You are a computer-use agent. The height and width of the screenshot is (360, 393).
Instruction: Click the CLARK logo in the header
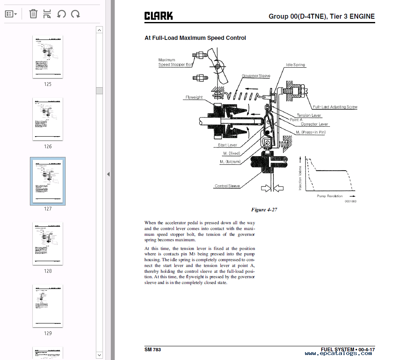click(x=159, y=16)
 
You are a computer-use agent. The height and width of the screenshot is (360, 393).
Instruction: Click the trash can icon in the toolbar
click(x=33, y=14)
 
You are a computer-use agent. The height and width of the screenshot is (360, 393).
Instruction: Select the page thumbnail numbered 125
click(x=48, y=57)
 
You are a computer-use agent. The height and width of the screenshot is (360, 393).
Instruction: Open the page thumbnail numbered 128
click(x=48, y=244)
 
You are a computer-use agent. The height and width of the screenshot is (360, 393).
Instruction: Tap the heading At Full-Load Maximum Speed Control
click(x=195, y=38)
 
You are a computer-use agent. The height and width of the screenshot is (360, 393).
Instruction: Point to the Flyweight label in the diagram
click(x=194, y=98)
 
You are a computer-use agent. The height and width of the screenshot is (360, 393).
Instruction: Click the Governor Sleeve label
click(x=256, y=76)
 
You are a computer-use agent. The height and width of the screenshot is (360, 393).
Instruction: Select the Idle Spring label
click(x=295, y=65)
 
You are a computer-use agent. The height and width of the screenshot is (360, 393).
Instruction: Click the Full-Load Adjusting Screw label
click(x=335, y=107)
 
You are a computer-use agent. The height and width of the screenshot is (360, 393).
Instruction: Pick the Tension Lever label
click(x=309, y=115)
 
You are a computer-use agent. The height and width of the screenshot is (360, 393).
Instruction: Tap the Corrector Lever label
click(x=314, y=124)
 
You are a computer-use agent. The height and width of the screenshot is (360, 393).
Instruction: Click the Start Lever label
click(x=227, y=145)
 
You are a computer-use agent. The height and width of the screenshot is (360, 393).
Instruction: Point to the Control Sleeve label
click(x=227, y=186)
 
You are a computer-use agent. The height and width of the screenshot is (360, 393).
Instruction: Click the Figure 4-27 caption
click(x=264, y=210)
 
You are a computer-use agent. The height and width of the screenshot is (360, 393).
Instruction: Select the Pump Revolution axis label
click(x=330, y=196)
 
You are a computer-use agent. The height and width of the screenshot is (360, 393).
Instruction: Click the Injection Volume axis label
click(x=300, y=179)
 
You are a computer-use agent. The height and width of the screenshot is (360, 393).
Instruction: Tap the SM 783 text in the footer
click(x=153, y=350)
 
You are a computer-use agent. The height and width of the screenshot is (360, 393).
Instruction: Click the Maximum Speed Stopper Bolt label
click(x=176, y=62)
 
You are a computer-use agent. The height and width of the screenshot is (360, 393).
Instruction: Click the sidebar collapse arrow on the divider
click(x=108, y=174)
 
